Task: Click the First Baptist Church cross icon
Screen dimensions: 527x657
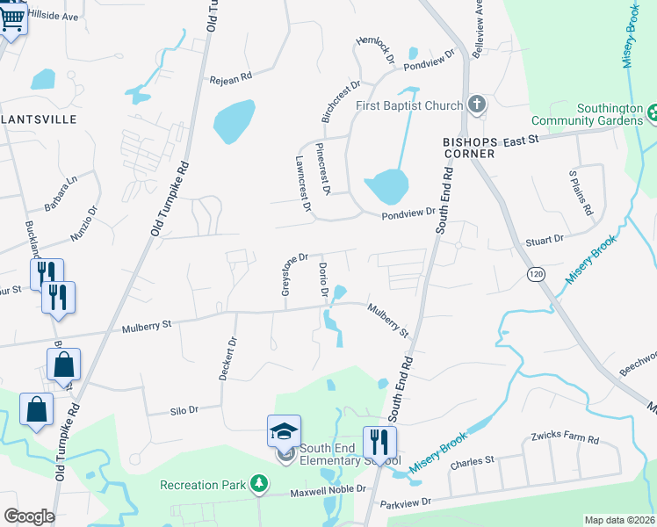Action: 476,105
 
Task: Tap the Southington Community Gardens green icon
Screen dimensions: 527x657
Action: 653,113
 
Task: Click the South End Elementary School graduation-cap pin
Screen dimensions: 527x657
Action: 284,431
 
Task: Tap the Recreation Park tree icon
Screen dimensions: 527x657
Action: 258,484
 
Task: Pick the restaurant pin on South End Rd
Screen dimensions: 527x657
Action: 379,443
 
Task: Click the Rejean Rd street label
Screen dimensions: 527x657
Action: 230,78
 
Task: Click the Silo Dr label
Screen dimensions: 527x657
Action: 184,409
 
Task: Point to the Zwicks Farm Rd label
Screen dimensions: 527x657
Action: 563,438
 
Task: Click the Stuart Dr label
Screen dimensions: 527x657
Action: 545,239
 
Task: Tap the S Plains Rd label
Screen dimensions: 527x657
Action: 581,192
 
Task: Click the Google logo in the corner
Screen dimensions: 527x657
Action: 29,516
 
